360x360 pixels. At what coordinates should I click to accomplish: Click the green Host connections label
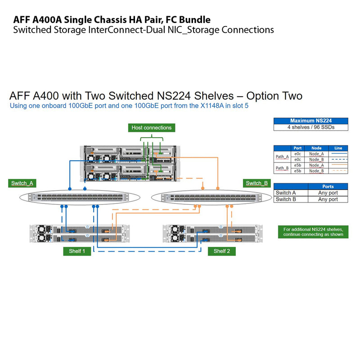[151, 128]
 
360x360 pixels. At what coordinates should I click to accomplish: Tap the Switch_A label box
[22, 183]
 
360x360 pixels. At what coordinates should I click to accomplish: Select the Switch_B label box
[257, 183]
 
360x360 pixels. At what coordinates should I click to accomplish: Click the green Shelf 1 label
[77, 251]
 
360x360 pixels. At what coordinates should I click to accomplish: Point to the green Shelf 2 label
[222, 251]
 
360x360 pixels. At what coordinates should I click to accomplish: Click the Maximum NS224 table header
[310, 121]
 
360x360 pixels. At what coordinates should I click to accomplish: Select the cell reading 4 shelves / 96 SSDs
[310, 127]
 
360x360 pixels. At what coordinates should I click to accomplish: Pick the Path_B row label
[282, 168]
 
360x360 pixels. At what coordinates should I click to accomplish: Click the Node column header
[316, 148]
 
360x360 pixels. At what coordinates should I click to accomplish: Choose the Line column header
[338, 148]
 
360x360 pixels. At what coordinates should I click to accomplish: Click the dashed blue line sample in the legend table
[338, 159]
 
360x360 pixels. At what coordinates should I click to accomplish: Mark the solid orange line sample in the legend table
[338, 165]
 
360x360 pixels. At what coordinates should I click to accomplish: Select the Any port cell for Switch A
[328, 193]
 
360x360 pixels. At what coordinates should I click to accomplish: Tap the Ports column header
[328, 186]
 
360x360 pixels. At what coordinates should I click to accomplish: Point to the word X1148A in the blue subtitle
[204, 107]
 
